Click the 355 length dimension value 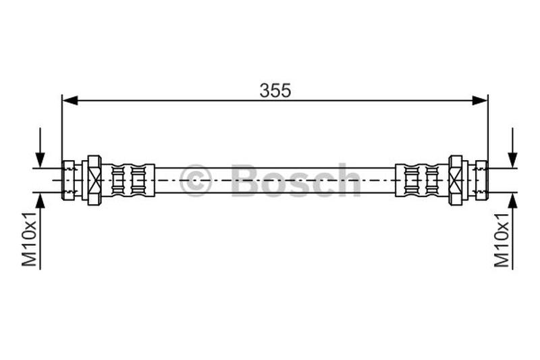pyautogui.click(x=275, y=91)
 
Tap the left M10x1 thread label pyautogui.click(x=29, y=236)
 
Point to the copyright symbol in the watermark pyautogui.click(x=195, y=180)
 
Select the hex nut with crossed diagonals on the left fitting pyautogui.click(x=94, y=180)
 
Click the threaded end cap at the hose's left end pyautogui.click(x=68, y=180)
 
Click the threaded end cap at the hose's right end pyautogui.click(x=481, y=180)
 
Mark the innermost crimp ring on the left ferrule pyautogui.click(x=139, y=180)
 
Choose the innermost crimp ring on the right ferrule pyautogui.click(x=410, y=180)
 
